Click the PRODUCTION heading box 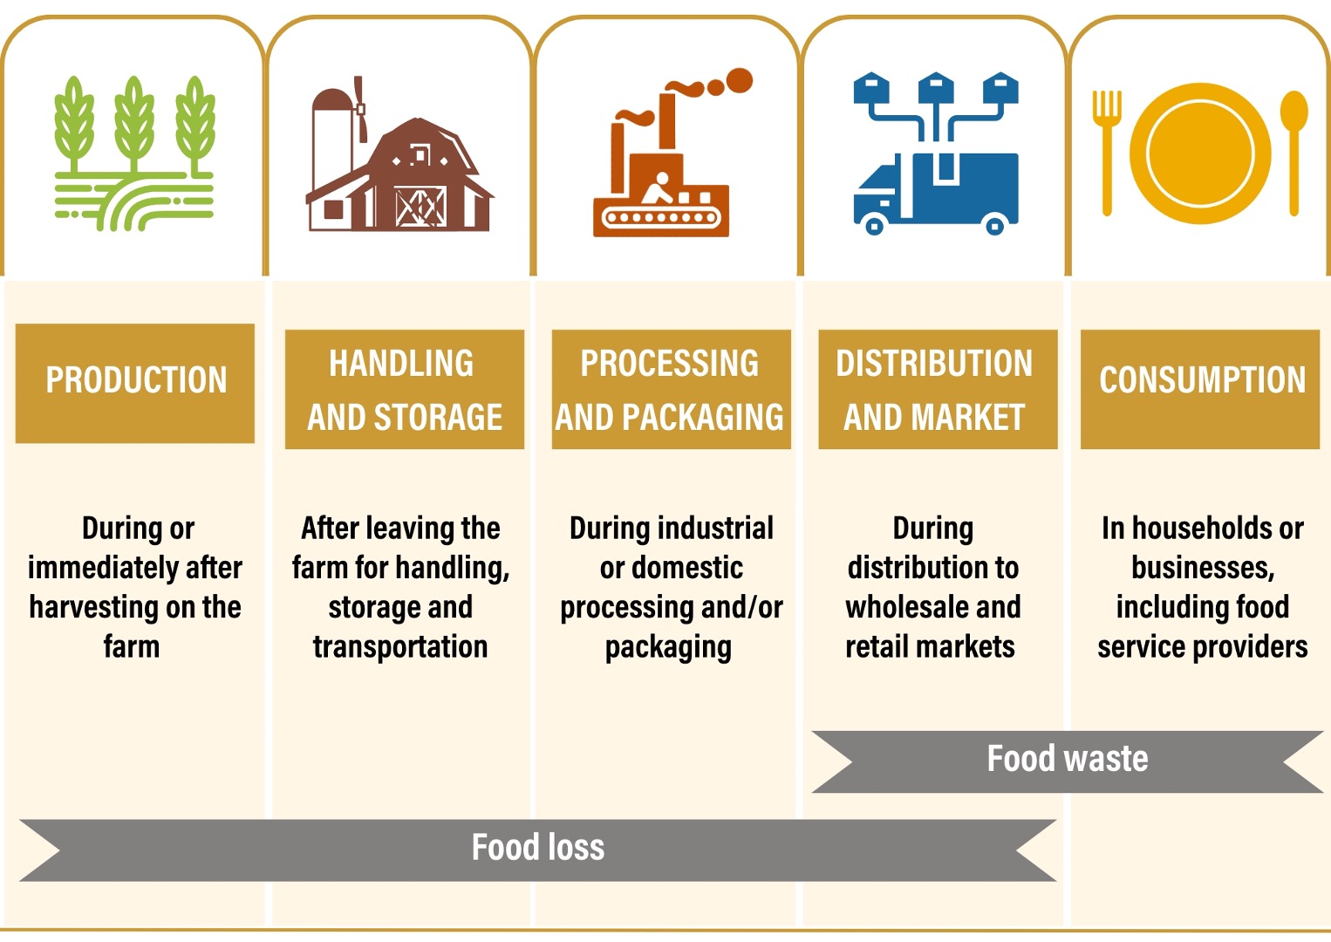(x=135, y=383)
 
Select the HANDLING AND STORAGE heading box (x=405, y=389)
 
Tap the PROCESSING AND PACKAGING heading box (x=672, y=389)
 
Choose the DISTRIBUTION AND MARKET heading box (x=939, y=389)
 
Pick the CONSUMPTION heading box (x=1200, y=389)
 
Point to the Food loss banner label (x=538, y=847)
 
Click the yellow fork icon (x=1106, y=153)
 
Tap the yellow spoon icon (x=1293, y=153)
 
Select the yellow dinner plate (x=1200, y=154)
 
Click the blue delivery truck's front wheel (x=874, y=226)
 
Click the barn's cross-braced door (x=420, y=207)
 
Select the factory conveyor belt (x=661, y=217)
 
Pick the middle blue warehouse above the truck (x=936, y=89)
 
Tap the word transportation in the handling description (x=400, y=646)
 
